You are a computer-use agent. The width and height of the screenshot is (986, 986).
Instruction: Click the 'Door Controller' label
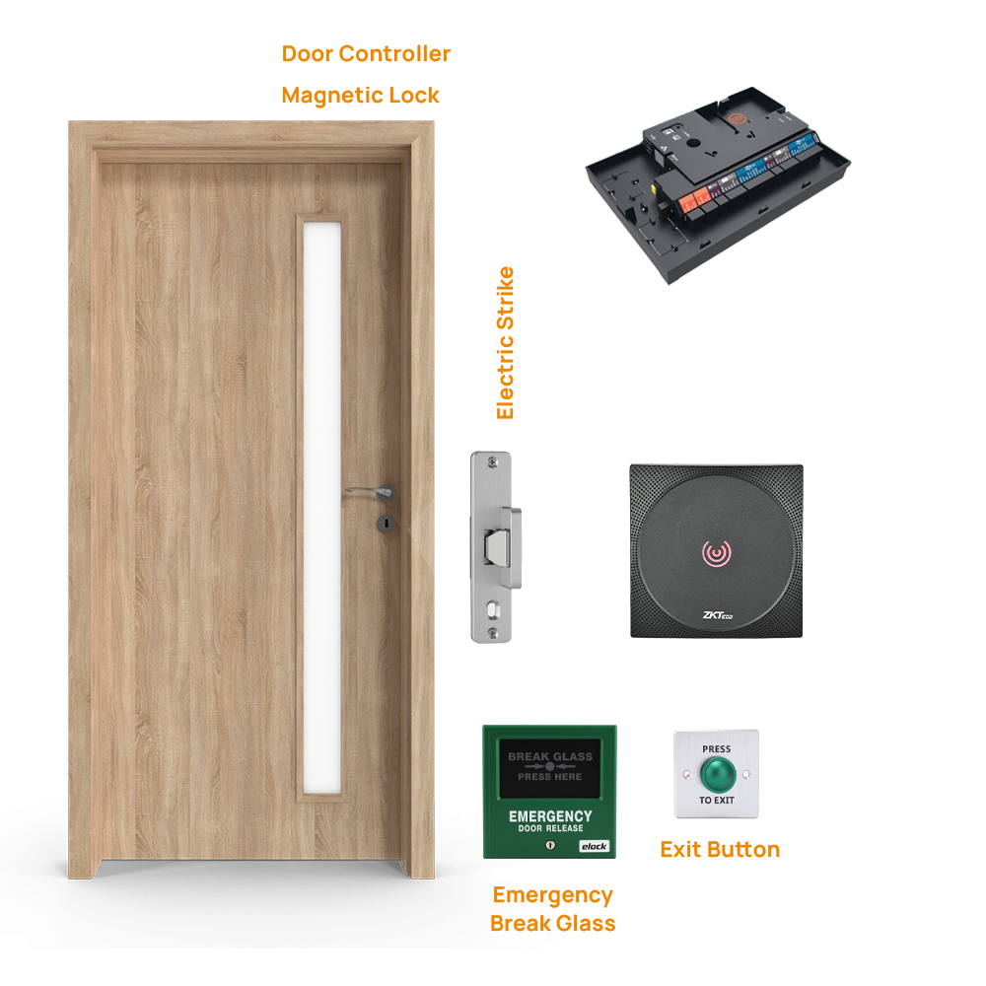point(366,54)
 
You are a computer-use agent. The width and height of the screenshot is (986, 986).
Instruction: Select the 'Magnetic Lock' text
point(360,96)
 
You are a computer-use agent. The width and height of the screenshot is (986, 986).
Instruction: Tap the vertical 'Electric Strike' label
point(506,342)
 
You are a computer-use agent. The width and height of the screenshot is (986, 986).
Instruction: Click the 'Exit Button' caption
point(720,850)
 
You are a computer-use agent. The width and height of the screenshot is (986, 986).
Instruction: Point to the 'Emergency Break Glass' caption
point(552,909)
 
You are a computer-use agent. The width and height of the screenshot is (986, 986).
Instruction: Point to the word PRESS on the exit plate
point(717,749)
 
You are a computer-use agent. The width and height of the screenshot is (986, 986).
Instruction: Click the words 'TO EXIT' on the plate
point(717,801)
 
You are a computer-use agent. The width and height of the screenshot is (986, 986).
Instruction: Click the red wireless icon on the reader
point(716,554)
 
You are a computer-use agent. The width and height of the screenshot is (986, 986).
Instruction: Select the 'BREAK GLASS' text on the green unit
point(550,757)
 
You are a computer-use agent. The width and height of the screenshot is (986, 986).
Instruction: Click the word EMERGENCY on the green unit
point(550,816)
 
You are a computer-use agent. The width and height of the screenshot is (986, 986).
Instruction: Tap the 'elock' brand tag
point(594,846)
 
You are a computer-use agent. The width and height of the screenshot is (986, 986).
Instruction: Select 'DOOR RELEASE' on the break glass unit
point(550,829)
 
